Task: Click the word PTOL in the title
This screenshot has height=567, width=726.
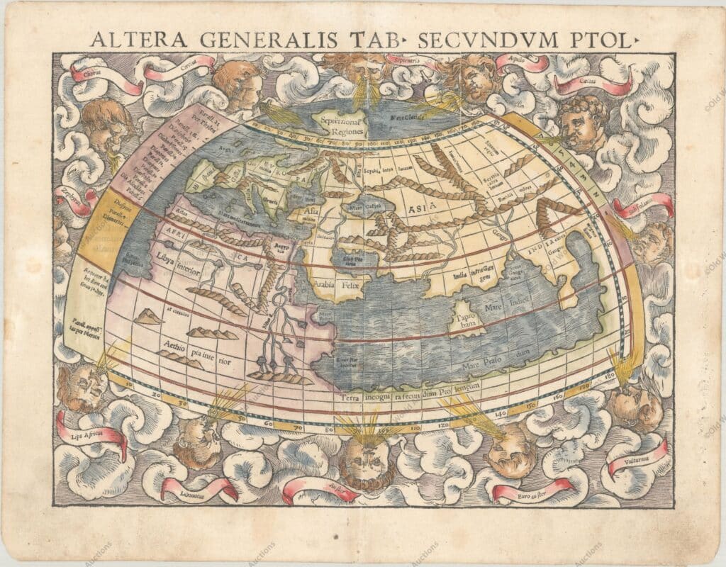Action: (x=599, y=40)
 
